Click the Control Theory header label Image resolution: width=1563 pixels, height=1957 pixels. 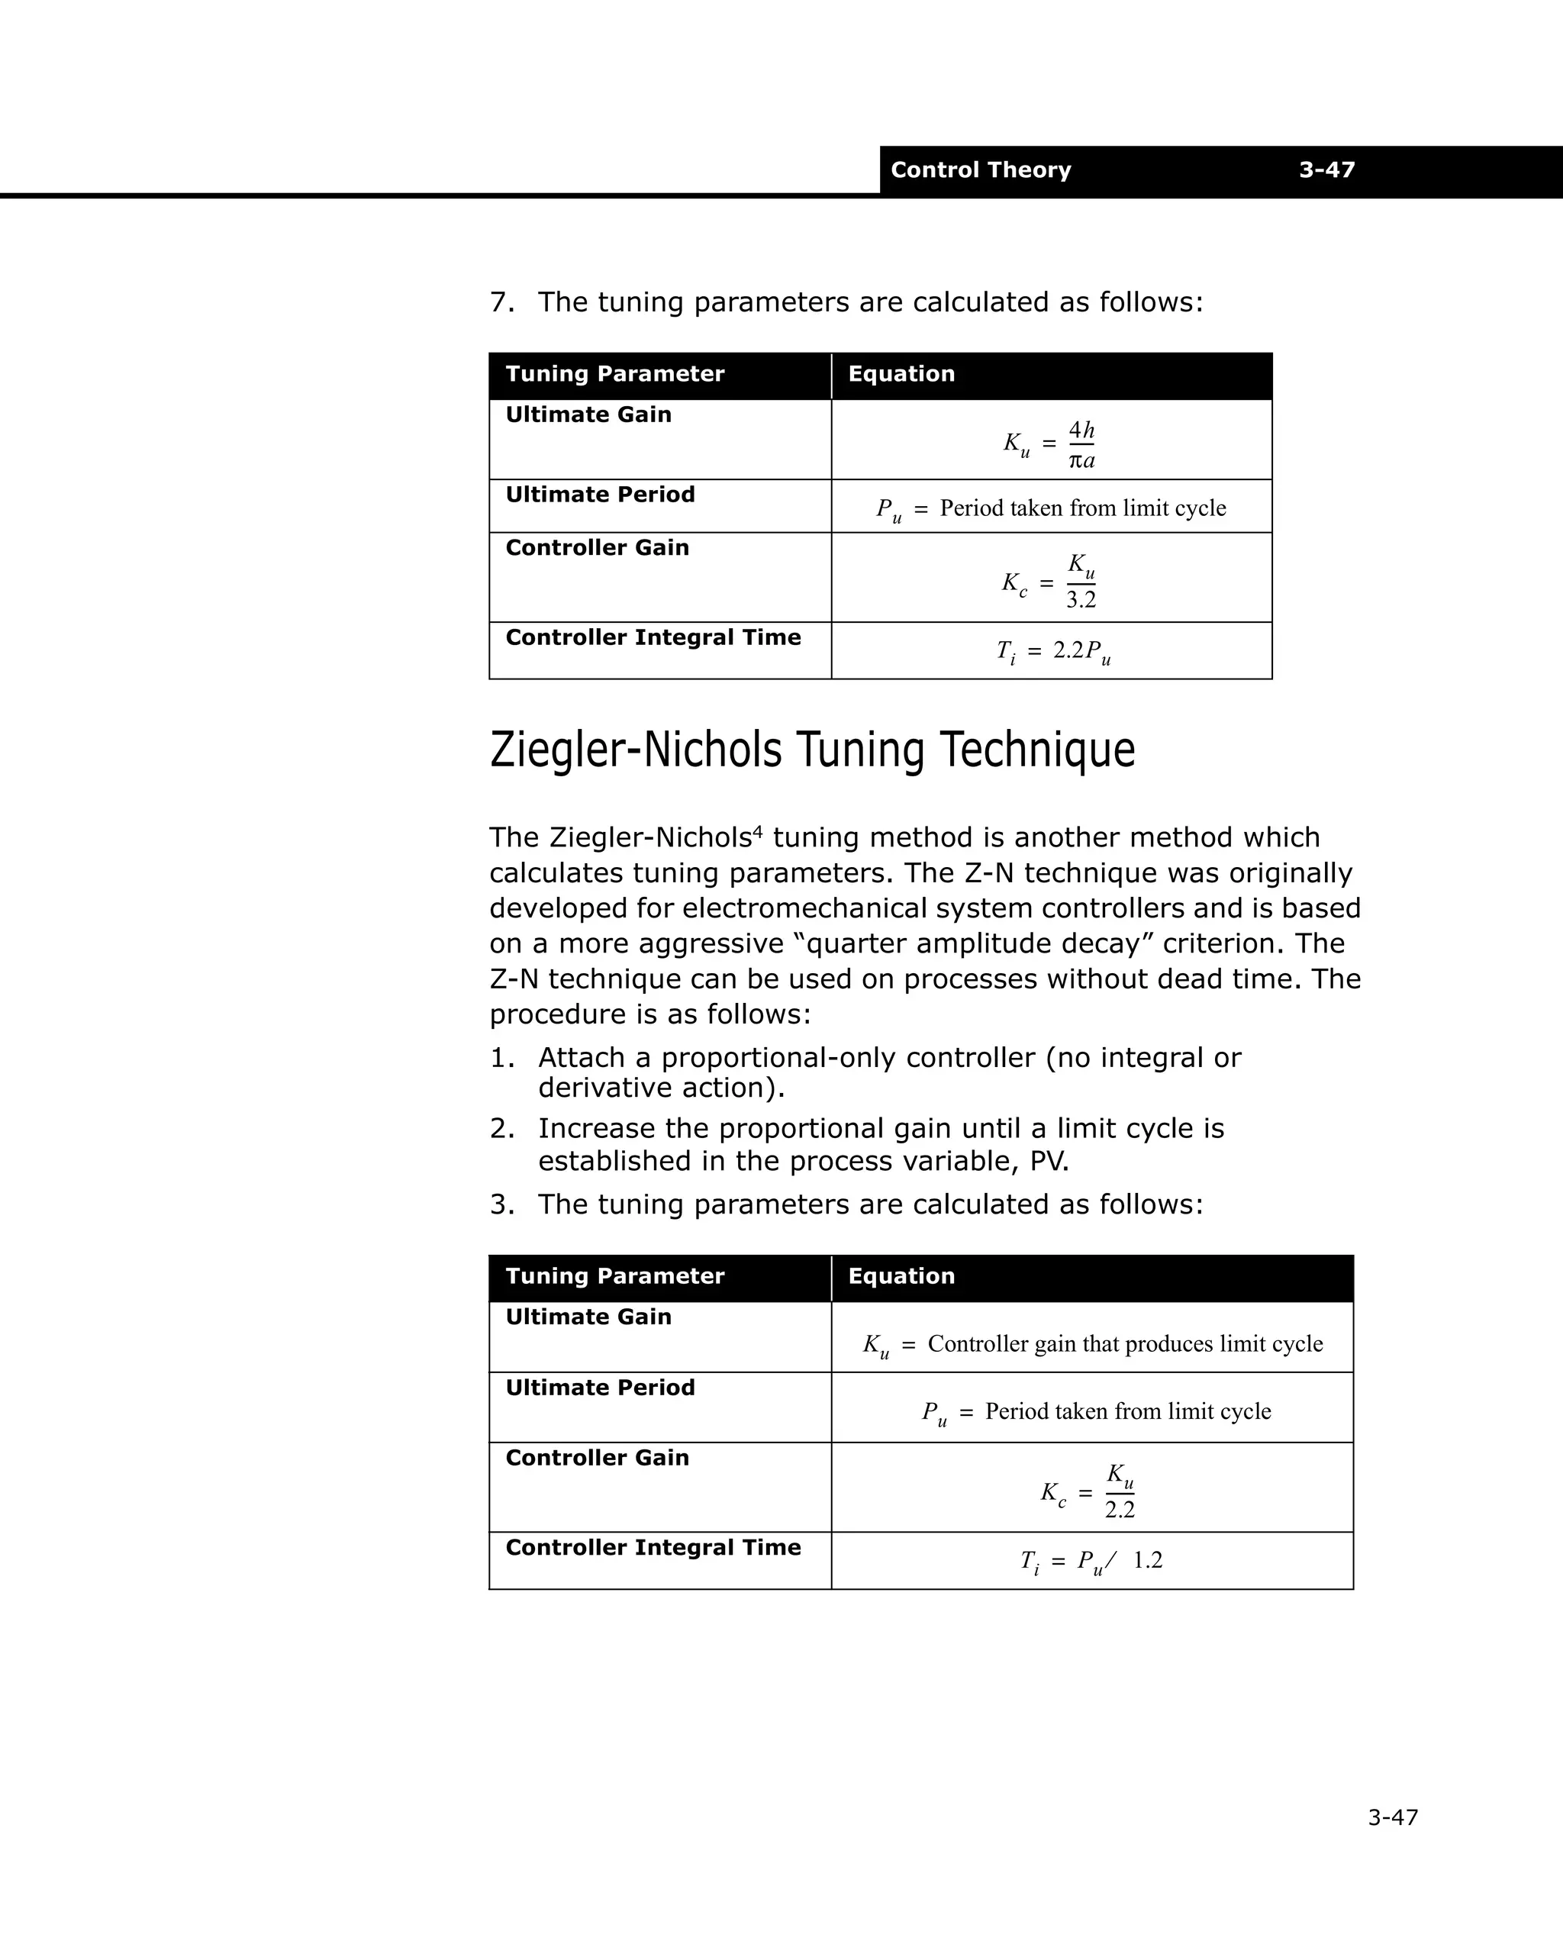980,171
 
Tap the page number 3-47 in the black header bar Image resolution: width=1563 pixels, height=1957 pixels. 1326,171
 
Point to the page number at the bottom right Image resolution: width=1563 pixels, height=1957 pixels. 1392,1817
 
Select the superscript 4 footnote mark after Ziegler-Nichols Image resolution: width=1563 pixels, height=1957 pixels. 758,830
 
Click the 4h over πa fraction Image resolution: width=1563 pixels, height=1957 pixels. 1081,445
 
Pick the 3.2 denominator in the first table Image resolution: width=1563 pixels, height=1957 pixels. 1081,600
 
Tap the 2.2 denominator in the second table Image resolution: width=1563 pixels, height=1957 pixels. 1119,1510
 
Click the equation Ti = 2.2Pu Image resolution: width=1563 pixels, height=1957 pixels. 1053,652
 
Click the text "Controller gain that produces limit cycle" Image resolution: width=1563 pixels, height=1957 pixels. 1125,1343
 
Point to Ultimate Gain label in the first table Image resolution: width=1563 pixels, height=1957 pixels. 588,414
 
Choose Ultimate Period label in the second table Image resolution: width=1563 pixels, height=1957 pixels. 600,1388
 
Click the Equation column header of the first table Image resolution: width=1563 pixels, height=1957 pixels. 901,375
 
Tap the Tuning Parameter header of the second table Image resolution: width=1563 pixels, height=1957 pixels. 614,1276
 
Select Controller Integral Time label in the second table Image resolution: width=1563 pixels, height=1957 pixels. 653,1548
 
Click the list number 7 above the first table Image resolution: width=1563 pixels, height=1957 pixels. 499,302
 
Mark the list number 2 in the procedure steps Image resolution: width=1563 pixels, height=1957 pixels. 499,1129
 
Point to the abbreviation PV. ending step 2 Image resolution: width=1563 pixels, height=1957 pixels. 1049,1162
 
